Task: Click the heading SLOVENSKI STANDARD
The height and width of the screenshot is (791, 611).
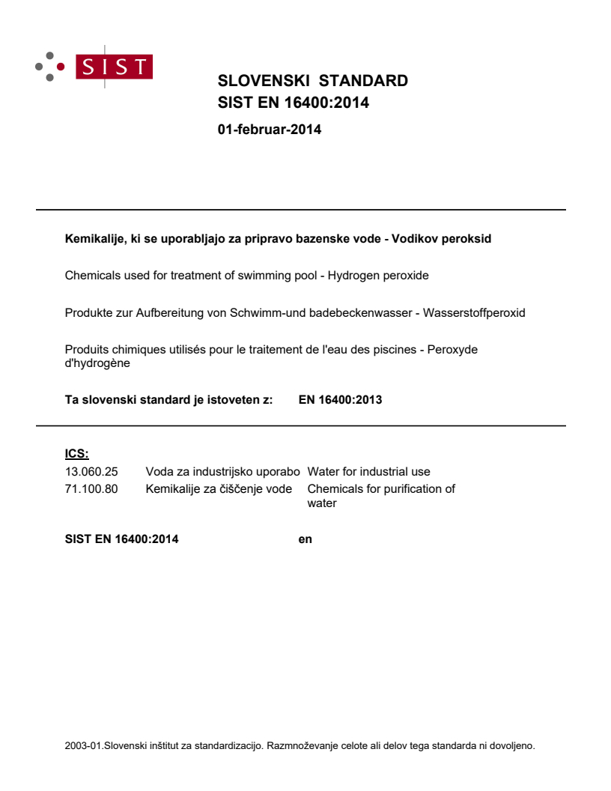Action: tap(312, 81)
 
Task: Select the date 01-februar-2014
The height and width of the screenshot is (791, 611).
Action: tap(269, 130)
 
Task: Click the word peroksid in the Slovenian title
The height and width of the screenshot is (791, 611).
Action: tap(468, 240)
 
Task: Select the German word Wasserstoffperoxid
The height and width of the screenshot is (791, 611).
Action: tap(474, 312)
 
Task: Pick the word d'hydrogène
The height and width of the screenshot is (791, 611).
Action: tap(97, 363)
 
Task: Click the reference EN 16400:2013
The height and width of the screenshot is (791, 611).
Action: tap(340, 400)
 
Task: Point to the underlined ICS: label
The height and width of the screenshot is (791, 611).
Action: tap(76, 454)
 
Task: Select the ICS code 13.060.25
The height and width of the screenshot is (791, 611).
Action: tap(91, 472)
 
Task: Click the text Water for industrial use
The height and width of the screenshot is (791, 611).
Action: tap(368, 472)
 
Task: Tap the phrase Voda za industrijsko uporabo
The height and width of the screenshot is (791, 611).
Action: tap(222, 472)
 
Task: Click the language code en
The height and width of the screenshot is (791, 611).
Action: tap(305, 539)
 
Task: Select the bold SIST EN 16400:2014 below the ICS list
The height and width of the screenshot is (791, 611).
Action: tap(122, 539)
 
